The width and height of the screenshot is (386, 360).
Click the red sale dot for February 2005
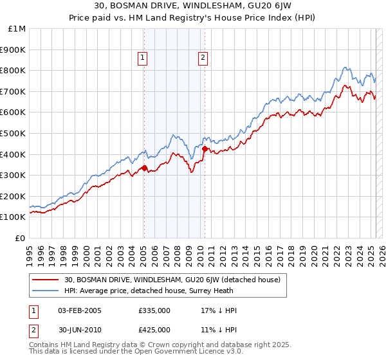point(144,168)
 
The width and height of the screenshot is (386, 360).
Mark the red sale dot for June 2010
point(205,149)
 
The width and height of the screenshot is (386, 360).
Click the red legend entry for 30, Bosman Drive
point(172,280)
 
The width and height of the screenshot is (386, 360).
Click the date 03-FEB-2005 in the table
point(80,310)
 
